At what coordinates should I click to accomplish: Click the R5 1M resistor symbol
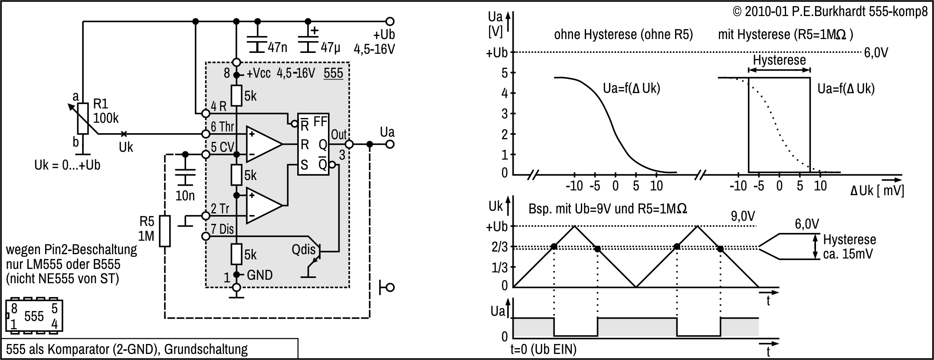164,231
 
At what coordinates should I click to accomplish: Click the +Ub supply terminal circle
390,21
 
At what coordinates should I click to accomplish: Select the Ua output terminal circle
390,144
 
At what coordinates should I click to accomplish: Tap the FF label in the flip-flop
320,122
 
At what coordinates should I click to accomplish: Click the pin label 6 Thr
223,127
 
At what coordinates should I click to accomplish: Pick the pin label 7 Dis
223,229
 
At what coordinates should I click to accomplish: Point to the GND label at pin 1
259,275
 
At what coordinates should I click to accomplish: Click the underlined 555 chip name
333,73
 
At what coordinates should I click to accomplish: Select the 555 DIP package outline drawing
34,316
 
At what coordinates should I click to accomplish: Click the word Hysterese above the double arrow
779,60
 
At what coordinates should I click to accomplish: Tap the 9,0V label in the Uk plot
743,216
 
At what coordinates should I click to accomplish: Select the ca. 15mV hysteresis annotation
848,254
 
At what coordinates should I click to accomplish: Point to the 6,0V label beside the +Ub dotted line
876,53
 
